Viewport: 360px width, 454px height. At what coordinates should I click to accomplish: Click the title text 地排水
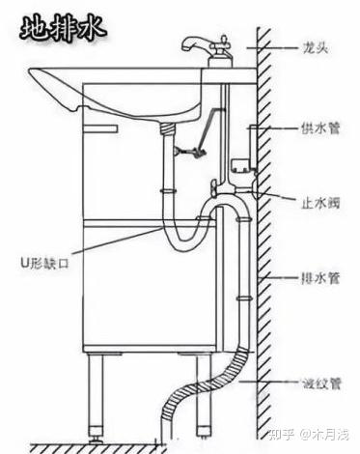63,29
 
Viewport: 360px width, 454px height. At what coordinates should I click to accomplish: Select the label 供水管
320,128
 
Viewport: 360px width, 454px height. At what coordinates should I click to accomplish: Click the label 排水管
320,278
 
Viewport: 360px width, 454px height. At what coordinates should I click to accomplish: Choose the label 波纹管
320,383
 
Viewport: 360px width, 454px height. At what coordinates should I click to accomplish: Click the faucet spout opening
185,47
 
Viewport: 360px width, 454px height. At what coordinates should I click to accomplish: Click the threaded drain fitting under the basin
168,129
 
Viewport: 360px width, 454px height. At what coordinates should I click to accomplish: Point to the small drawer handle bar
100,128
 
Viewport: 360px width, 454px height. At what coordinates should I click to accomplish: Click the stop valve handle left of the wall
213,186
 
